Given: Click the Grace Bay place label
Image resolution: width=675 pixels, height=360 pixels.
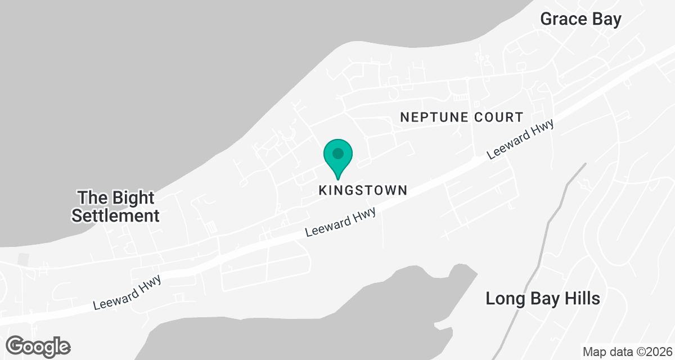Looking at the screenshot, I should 580,19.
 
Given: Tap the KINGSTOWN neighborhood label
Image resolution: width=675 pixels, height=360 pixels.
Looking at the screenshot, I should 363,190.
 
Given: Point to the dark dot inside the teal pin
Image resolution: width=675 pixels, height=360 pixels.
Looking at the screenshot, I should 337,153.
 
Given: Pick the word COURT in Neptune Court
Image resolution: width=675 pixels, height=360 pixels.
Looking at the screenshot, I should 497,118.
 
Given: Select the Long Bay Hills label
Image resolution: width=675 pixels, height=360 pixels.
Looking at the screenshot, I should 543,299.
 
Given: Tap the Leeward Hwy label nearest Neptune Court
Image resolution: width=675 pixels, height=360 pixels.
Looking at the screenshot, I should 520,139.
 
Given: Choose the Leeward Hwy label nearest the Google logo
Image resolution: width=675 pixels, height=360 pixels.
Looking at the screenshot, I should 127,292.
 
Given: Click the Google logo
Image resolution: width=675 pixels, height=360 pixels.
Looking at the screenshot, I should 38,346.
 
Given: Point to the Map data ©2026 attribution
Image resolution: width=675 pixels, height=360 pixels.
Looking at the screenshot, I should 627,352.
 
